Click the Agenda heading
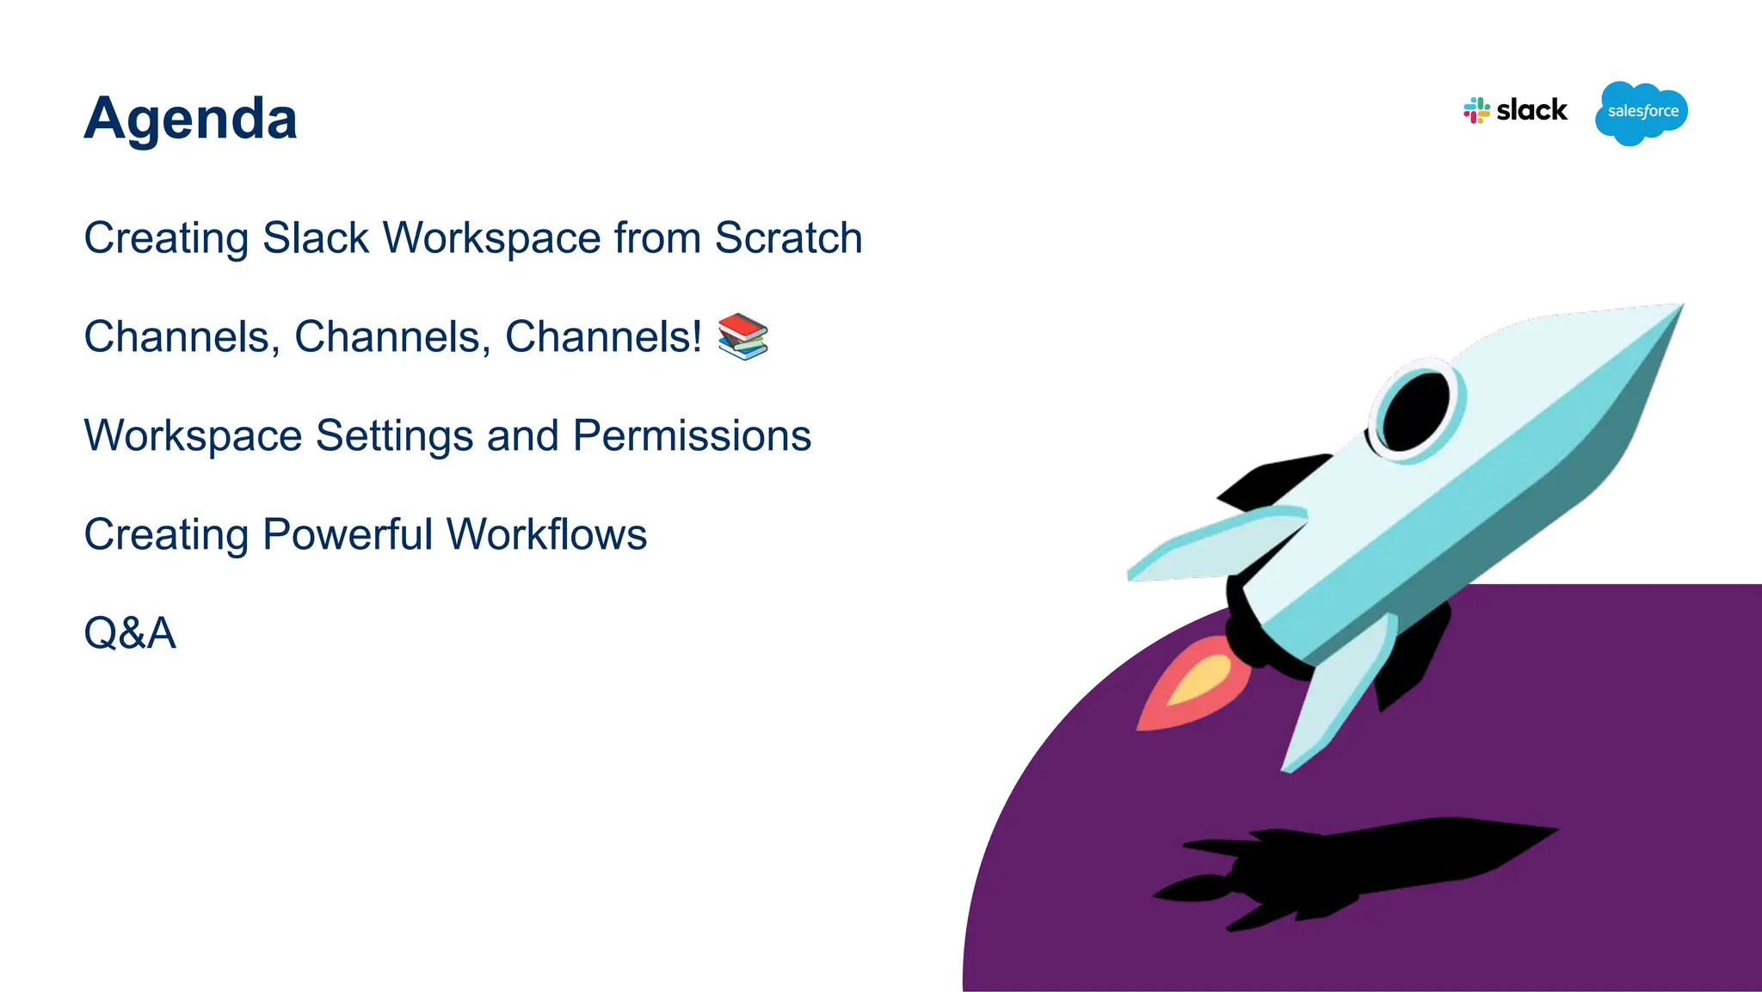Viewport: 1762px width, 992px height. coord(190,119)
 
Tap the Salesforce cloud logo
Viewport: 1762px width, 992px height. coord(1641,113)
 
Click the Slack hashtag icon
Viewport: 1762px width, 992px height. coord(1476,111)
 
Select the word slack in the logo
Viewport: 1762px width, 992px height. coord(1531,110)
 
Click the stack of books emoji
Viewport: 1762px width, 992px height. coord(742,336)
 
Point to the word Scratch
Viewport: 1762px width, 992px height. coord(788,238)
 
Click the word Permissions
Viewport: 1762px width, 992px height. coord(692,436)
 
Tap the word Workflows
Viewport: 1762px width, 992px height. coord(546,534)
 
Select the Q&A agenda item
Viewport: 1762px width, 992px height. coord(130,633)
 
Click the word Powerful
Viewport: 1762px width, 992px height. coord(348,534)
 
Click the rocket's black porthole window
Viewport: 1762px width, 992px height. coord(1415,411)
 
